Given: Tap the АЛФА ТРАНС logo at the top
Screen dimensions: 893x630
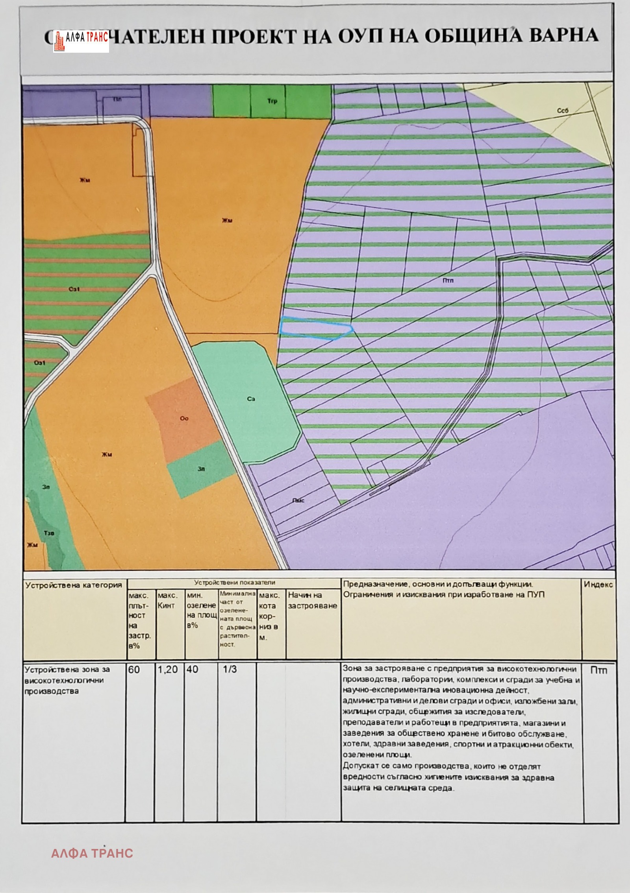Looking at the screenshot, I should [81, 41].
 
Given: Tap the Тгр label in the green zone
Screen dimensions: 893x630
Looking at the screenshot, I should [272, 101].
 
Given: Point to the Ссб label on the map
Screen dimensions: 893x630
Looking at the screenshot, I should [563, 111].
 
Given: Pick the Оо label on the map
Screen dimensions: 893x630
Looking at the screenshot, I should [184, 418].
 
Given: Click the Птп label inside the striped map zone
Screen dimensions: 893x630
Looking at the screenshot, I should [448, 281].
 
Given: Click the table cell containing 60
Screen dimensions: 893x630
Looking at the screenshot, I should [134, 670].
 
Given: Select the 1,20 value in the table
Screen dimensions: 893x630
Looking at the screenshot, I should [168, 670].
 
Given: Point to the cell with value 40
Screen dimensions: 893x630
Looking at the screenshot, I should [193, 670].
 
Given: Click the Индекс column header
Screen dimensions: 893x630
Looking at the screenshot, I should [598, 585].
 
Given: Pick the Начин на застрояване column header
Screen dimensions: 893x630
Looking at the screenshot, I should [313, 600].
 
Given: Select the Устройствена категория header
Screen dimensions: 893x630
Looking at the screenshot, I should [74, 585].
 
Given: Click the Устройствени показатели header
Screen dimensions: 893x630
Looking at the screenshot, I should [235, 583].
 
